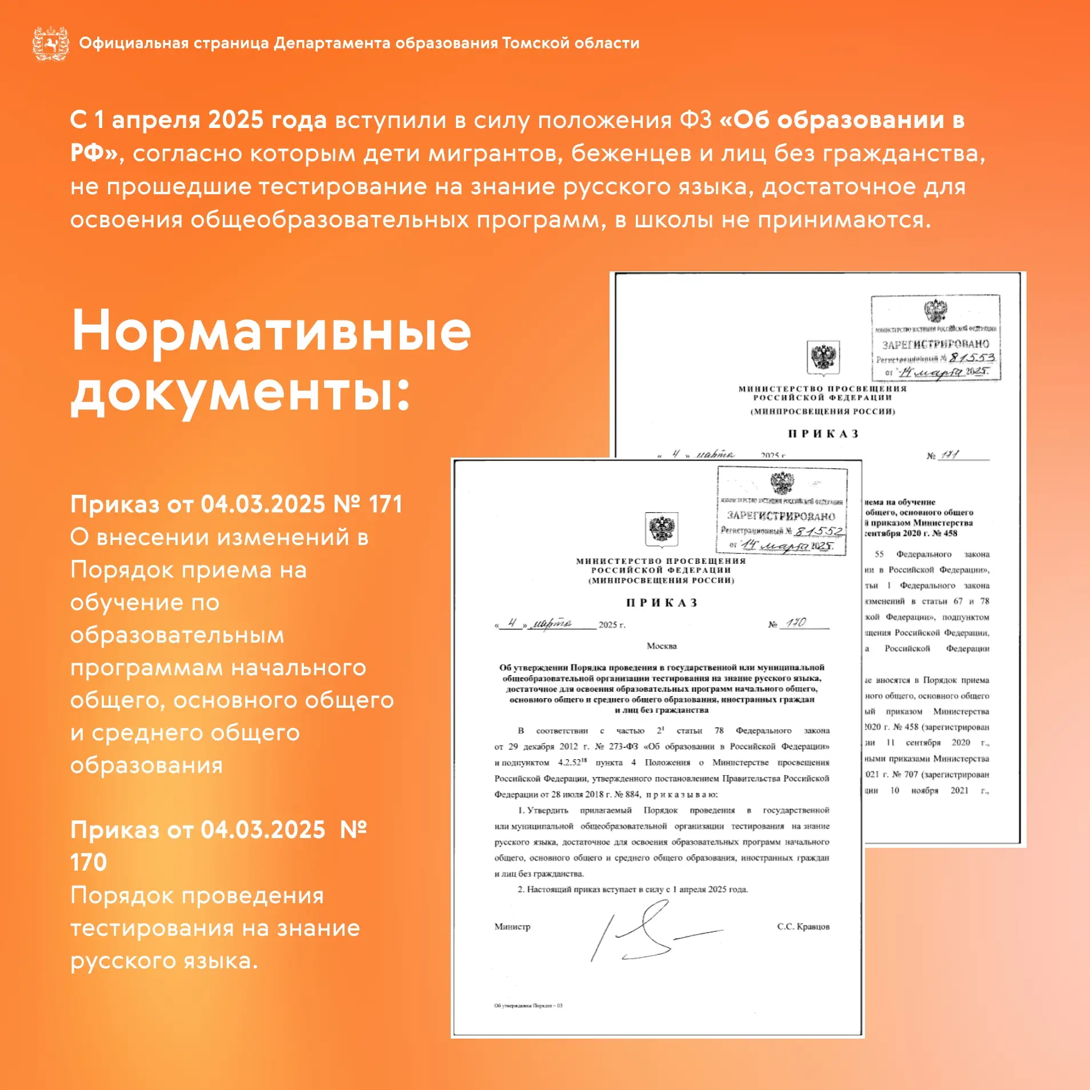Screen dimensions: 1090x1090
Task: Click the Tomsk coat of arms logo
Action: [x=51, y=43]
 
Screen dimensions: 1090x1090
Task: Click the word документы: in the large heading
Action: [x=240, y=393]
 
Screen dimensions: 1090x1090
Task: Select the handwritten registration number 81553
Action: [x=972, y=358]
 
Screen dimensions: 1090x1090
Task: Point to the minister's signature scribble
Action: [x=651, y=931]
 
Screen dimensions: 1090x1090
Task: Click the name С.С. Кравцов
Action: [x=803, y=926]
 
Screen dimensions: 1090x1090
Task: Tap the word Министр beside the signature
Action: [x=512, y=926]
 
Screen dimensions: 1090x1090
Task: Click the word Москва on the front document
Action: [x=661, y=646]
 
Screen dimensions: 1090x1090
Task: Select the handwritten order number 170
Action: [x=795, y=622]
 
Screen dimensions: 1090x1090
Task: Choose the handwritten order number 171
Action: [x=949, y=455]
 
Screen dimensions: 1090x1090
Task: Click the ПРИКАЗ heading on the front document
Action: [x=662, y=603]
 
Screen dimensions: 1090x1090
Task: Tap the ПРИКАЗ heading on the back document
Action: [x=823, y=434]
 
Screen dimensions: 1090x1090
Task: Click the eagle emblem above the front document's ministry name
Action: [x=661, y=528]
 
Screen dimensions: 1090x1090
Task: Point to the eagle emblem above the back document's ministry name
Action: [x=823, y=357]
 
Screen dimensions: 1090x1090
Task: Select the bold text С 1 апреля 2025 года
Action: [x=198, y=120]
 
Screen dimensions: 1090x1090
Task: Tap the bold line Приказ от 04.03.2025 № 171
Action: [x=236, y=504]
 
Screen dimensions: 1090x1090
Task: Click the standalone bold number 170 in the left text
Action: [x=89, y=862]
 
